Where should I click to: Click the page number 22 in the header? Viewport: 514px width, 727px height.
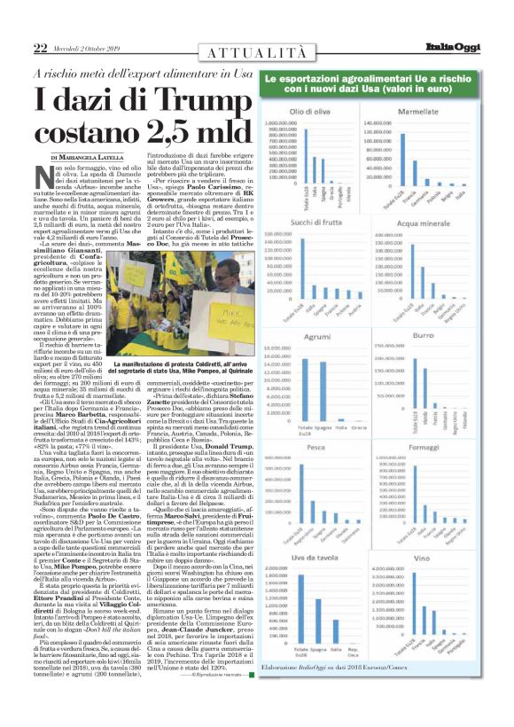coord(40,47)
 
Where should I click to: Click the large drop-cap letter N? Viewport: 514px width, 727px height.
coord(42,176)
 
